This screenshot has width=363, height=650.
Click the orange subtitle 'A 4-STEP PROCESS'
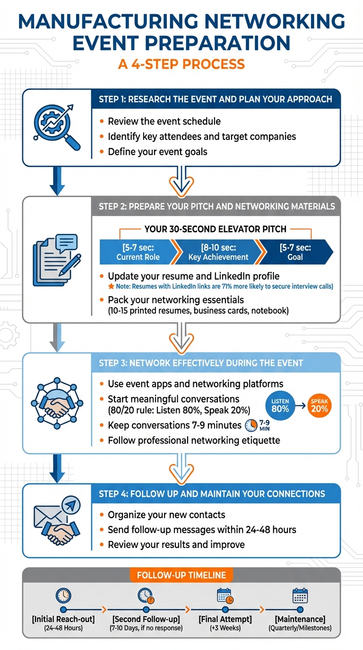tap(181, 64)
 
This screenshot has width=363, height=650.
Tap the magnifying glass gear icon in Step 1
tap(56, 125)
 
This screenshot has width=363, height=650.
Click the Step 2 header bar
tap(216, 206)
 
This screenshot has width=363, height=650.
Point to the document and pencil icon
tap(56, 260)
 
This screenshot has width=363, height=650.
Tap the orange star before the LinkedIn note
tap(111, 287)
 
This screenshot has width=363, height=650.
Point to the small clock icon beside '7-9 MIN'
tap(251, 425)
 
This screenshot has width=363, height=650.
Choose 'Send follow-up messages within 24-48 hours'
tap(202, 530)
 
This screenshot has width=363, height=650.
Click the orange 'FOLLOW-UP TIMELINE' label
tap(181, 575)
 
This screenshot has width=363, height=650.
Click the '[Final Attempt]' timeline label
tap(225, 619)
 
